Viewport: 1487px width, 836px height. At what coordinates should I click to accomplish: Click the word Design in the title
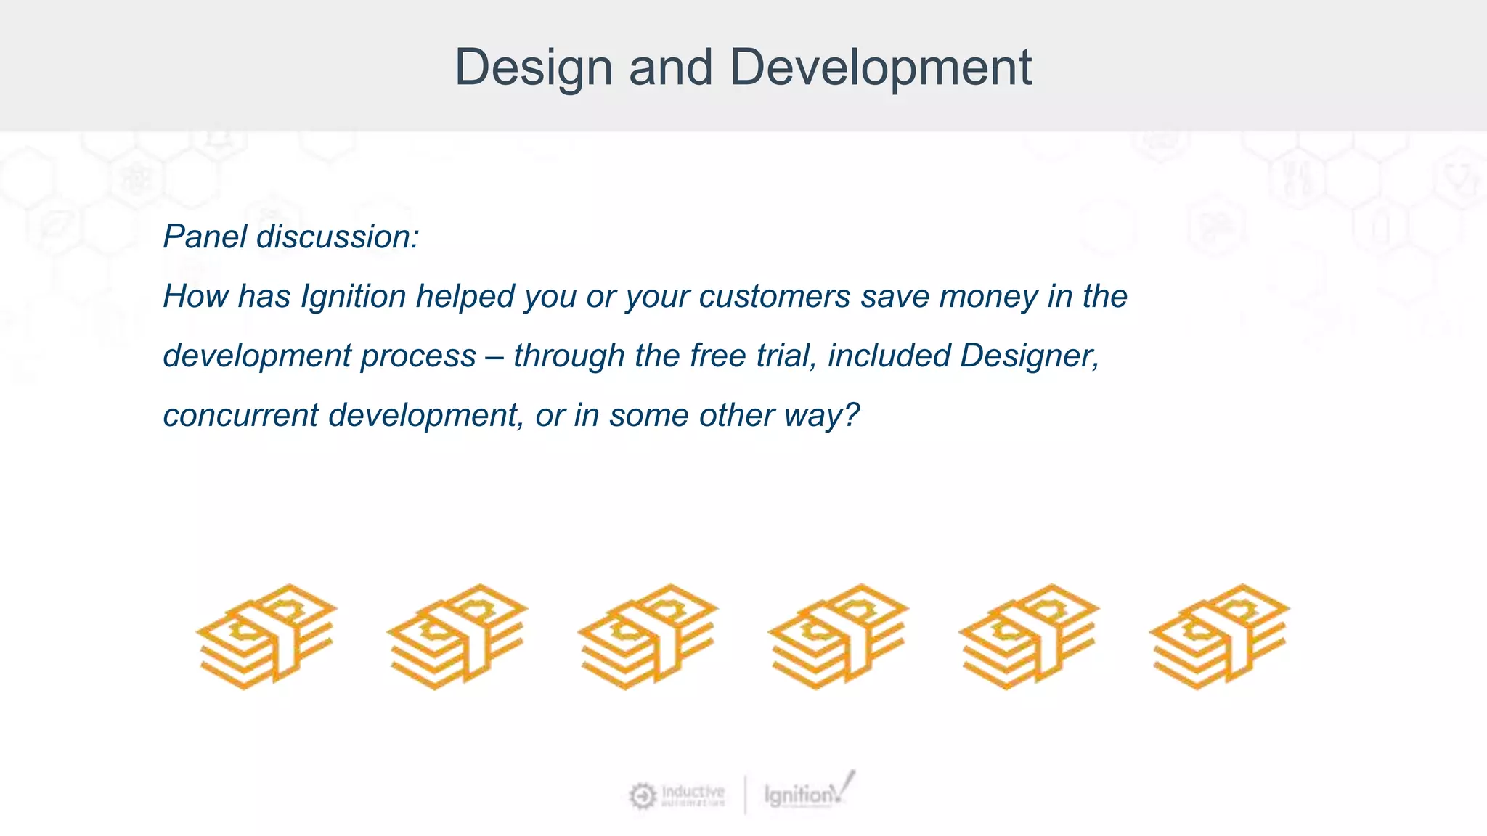pos(533,67)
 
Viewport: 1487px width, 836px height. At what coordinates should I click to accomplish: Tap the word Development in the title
pos(880,67)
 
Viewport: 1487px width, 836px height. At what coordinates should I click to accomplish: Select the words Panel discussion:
pos(291,237)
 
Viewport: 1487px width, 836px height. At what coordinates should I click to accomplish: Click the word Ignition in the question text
pos(354,296)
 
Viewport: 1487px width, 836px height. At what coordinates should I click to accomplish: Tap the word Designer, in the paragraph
pos(1030,356)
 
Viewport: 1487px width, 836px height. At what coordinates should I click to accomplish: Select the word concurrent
pos(240,415)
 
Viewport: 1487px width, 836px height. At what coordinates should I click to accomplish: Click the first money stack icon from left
pos(266,636)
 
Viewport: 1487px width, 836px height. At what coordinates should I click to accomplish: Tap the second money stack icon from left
pos(457,636)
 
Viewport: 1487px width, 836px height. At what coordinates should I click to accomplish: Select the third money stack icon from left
pos(648,636)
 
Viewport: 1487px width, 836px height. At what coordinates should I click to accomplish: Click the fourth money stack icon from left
pos(838,636)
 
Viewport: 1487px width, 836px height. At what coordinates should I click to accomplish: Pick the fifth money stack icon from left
pos(1029,636)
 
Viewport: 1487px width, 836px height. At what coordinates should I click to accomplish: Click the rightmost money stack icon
pos(1219,636)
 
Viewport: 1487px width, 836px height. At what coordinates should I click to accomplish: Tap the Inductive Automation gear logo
pos(643,796)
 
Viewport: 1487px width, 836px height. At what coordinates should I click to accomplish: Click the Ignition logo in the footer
pos(807,793)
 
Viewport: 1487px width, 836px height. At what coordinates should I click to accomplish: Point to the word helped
pos(465,296)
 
